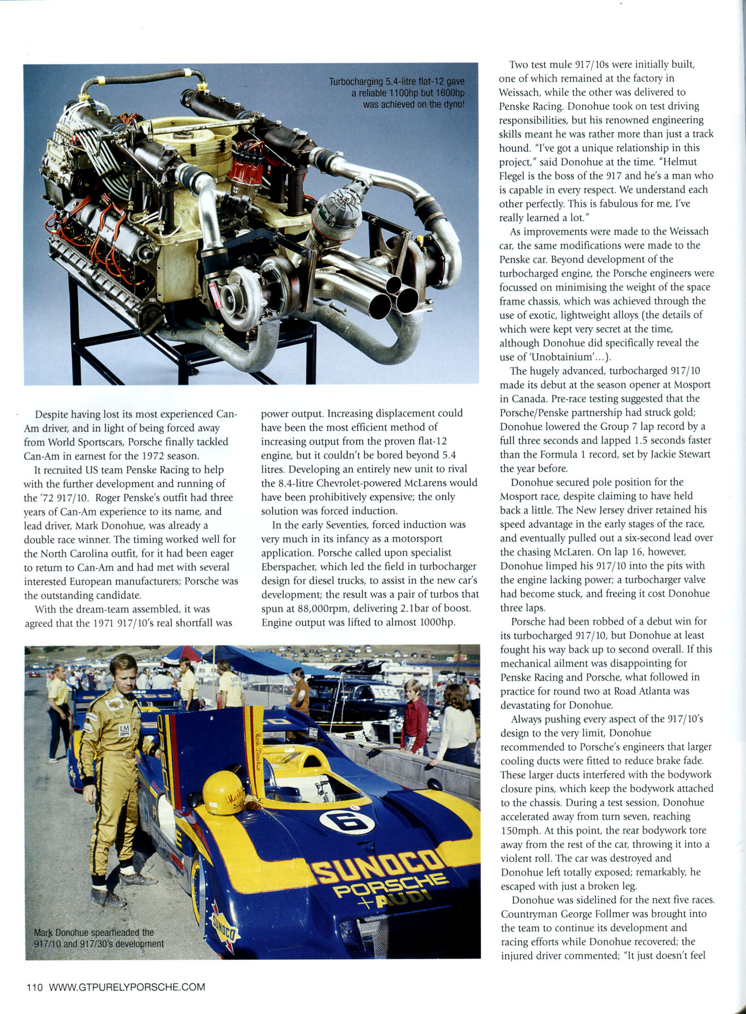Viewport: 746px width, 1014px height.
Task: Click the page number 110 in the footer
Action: click(34, 987)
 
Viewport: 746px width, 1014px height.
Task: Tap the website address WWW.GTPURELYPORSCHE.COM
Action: click(127, 987)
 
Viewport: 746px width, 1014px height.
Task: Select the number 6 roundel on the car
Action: click(347, 821)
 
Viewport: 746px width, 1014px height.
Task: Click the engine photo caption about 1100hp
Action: click(397, 93)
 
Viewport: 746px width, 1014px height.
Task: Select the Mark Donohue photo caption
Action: click(99, 938)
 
